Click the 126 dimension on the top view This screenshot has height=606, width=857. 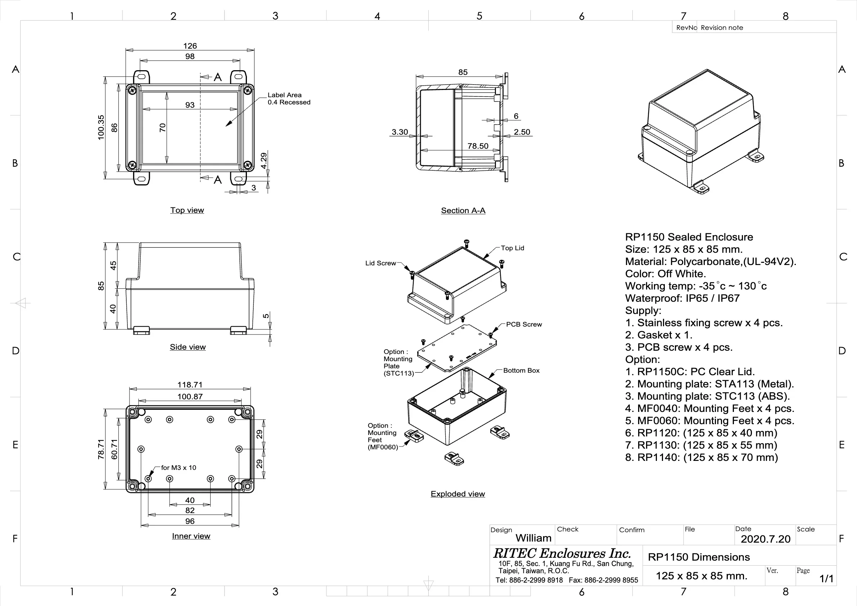coord(190,46)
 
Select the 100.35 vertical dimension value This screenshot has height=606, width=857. coord(101,127)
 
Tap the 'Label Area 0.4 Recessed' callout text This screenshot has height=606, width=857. coord(289,99)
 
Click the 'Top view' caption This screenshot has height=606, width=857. coord(187,210)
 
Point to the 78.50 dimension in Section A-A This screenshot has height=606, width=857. coord(478,146)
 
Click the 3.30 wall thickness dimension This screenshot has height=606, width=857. coord(400,132)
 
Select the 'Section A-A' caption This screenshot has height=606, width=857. coord(463,211)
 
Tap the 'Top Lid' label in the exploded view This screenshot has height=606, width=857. coord(512,248)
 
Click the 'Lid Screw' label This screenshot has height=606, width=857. coord(380,263)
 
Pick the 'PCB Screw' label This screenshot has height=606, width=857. coord(524,324)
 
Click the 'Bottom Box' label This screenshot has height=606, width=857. coord(521,371)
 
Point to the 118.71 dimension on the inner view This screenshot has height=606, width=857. coord(190,385)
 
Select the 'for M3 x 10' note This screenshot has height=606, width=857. coord(179,467)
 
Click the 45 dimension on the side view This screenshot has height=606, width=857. coord(113,265)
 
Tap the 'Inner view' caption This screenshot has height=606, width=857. coord(191,536)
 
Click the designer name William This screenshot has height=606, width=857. coord(533,538)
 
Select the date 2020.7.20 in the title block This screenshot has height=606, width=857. coord(765,539)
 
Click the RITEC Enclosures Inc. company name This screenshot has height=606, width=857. coord(562,553)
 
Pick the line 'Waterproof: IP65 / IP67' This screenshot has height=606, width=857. coord(682,298)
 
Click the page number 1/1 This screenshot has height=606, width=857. coord(826,578)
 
